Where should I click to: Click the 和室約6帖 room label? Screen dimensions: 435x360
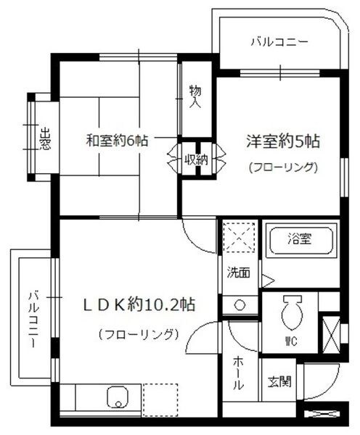[x=118, y=141]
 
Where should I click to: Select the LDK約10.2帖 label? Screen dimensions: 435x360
[x=138, y=304]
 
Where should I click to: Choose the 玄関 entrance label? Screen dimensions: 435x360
[x=278, y=380]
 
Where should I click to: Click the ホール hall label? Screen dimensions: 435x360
[x=239, y=374]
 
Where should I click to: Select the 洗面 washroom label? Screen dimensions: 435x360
[x=237, y=274]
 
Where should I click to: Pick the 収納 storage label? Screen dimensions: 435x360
[x=194, y=159]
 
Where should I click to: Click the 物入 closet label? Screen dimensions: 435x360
[x=195, y=95]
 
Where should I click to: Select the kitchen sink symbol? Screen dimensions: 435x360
[x=117, y=398]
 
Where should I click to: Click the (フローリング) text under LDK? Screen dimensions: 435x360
[x=138, y=334]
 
